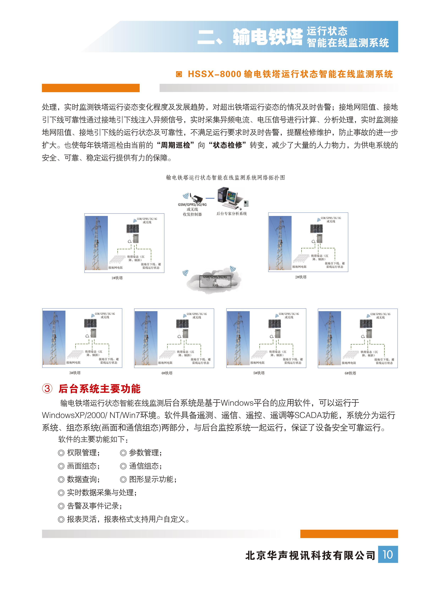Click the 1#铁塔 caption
117,278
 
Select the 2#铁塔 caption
301,277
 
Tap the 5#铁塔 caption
259,373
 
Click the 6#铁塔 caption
350,373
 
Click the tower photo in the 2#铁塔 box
280,243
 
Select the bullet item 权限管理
83,452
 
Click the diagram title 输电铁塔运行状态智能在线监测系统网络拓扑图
226,178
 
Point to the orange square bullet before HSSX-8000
179,74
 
